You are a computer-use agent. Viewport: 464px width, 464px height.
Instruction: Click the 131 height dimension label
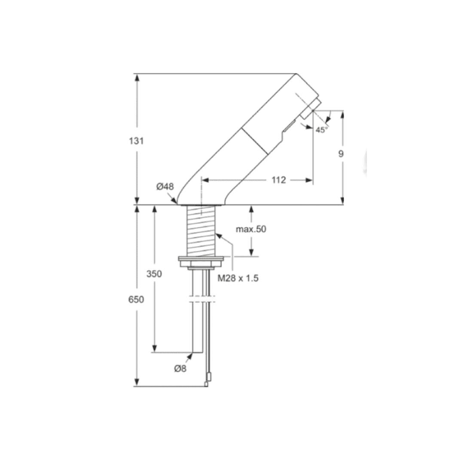[x=137, y=140]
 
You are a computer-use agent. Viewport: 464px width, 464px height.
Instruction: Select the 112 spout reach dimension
[x=278, y=180]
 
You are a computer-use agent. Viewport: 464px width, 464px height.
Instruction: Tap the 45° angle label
[x=321, y=130]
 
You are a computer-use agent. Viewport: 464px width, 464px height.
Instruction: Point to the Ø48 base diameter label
[x=165, y=186]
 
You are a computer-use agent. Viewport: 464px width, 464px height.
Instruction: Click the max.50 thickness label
[x=251, y=229]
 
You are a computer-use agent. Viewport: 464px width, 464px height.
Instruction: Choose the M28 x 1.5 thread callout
[x=238, y=278]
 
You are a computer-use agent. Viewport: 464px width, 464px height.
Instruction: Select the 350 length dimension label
[x=154, y=274]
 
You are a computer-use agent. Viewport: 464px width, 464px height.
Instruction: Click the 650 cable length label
[x=136, y=299]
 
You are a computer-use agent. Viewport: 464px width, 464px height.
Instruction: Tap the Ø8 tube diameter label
[x=180, y=368]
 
